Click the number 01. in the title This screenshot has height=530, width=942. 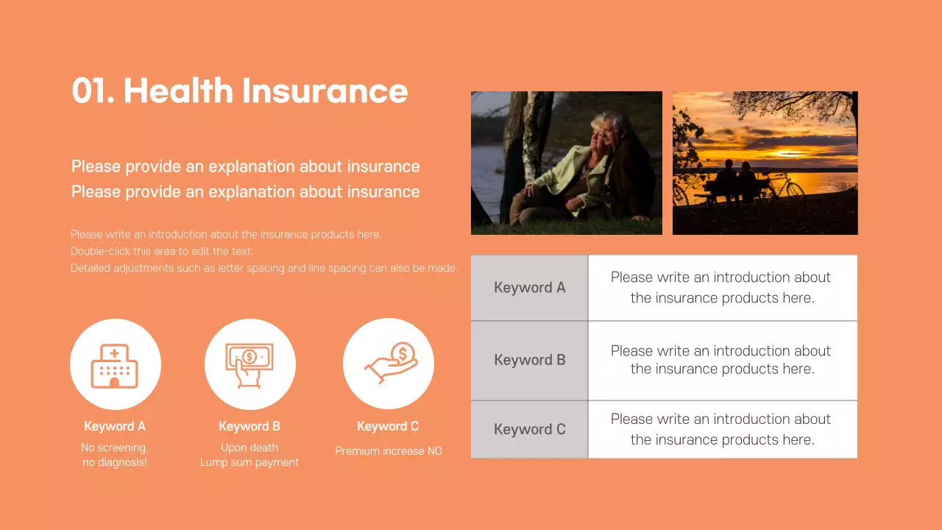pos(92,91)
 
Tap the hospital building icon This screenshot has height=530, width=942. pos(115,365)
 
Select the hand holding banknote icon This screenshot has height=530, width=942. pos(249,364)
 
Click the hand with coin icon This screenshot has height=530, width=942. pos(390,364)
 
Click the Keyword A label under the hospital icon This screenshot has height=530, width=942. pos(115,426)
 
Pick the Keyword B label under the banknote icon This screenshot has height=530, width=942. pos(249,426)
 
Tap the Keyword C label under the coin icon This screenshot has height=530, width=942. pos(388,426)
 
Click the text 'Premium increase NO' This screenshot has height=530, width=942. pos(389,451)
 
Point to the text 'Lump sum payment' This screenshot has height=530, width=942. pos(249,463)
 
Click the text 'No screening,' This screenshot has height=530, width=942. pos(115,448)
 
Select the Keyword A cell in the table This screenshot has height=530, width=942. pos(529,288)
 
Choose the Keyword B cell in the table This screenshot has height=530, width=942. pos(529,360)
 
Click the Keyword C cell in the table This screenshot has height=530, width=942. pos(529,429)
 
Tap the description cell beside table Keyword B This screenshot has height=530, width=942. pos(722,360)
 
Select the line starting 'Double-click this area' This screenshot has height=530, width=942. pos(162,251)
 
